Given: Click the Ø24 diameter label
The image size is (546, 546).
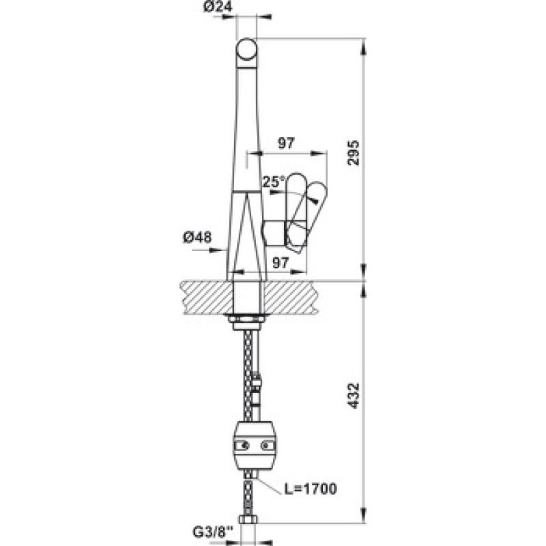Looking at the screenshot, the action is tap(218, 7).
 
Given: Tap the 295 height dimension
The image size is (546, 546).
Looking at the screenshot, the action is tap(354, 153).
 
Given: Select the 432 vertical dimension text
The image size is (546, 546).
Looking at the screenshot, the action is tap(354, 396).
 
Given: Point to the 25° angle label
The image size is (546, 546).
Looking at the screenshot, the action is tap(274, 182).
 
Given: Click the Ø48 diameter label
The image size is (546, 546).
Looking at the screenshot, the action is tap(197, 238).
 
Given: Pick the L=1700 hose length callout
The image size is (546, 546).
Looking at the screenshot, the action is tap(311, 489).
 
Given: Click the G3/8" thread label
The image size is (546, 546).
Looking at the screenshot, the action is tap(212, 532).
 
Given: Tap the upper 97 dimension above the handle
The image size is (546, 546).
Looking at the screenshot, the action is tap(286, 143).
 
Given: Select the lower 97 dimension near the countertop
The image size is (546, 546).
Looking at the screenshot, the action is tap(281, 263).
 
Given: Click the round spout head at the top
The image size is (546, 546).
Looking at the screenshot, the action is tap(246, 49).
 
